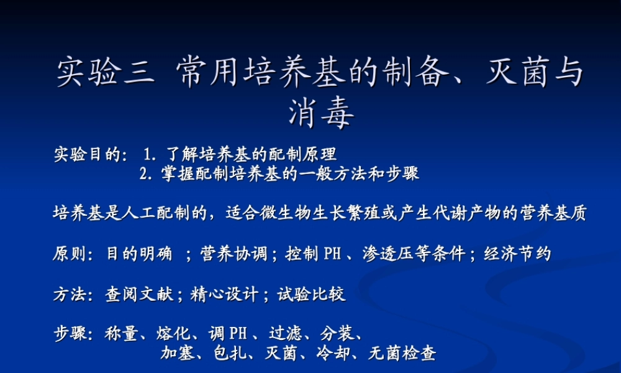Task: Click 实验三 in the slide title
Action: point(104,73)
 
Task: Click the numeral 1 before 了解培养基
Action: point(148,154)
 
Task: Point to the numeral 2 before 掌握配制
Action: point(145,173)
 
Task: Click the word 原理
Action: point(322,154)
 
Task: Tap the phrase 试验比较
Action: point(311,294)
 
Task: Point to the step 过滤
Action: point(285,334)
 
